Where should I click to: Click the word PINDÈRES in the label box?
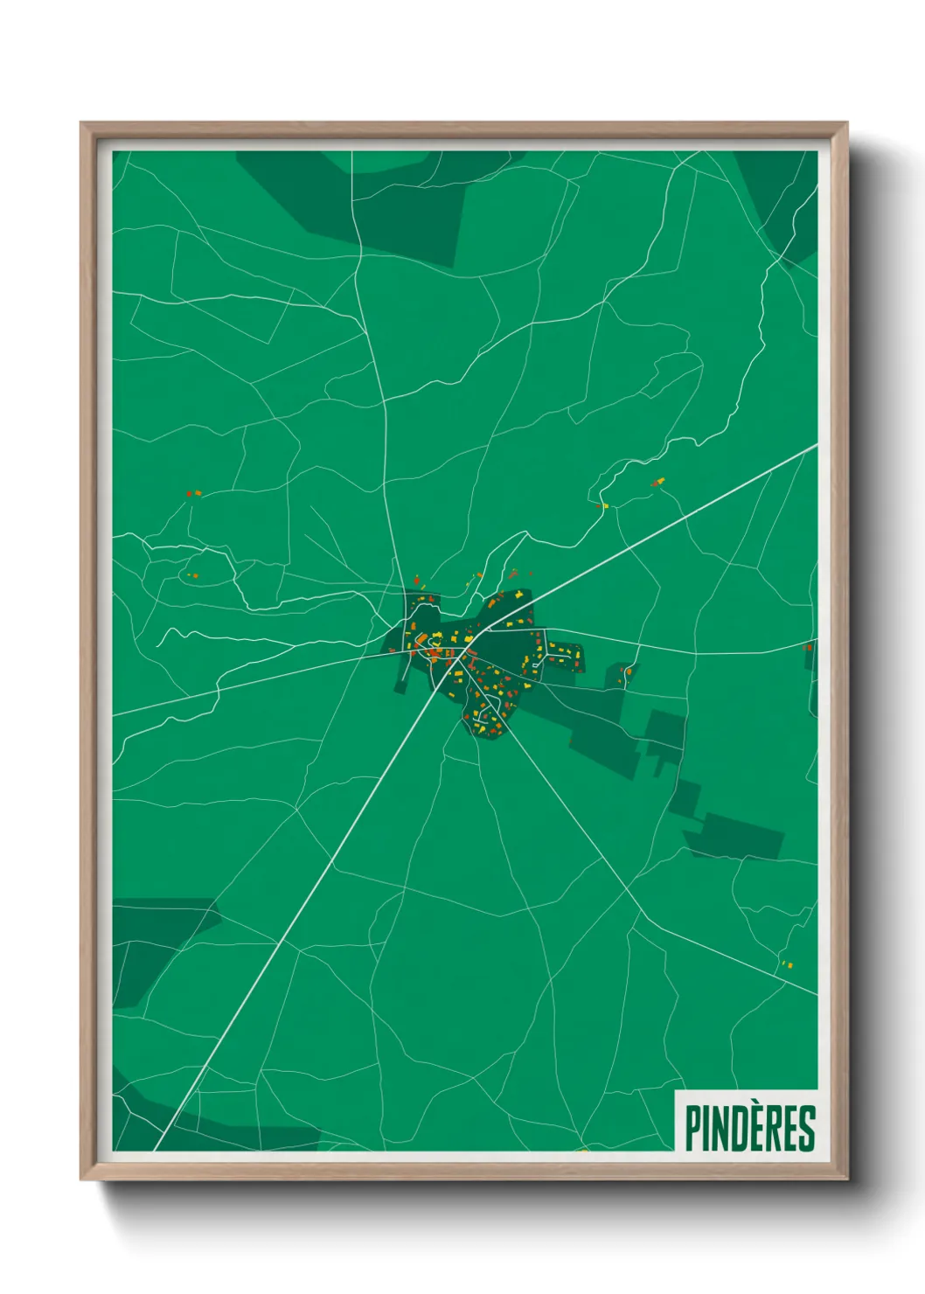tap(750, 1128)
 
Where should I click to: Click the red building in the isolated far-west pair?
tap(189, 494)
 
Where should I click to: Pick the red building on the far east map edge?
tap(807, 648)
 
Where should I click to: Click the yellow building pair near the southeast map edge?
tap(786, 965)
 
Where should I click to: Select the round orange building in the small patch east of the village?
tap(628, 671)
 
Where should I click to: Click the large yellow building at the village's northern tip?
tap(520, 595)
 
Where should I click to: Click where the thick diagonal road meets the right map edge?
tap(816, 446)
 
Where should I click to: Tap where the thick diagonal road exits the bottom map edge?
tap(156, 1149)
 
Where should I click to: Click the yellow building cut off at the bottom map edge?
tap(583, 1150)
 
